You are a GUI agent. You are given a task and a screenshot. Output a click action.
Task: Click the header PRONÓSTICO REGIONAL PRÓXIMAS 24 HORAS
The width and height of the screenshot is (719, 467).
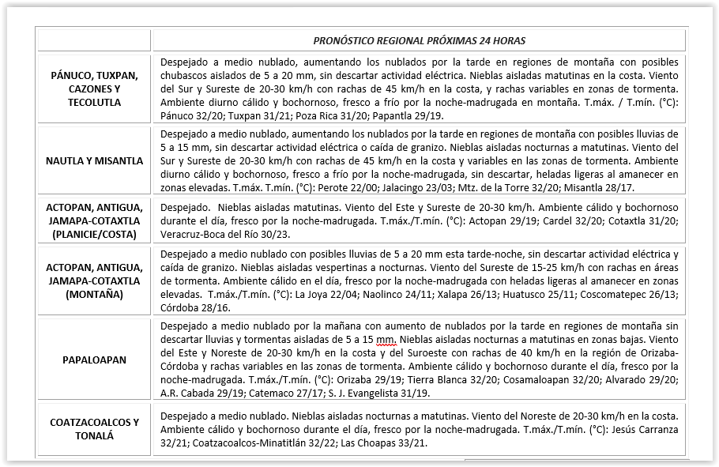coord(419,40)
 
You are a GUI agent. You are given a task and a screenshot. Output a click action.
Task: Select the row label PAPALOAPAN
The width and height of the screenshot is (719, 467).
coord(94,360)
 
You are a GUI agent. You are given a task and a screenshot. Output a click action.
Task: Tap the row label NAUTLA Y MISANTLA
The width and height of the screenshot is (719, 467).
coord(94,161)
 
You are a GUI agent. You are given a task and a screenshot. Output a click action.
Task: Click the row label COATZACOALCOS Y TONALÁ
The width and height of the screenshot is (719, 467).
coord(94,429)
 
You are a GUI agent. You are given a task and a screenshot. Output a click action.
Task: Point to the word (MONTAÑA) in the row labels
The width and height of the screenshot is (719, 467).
coord(94,294)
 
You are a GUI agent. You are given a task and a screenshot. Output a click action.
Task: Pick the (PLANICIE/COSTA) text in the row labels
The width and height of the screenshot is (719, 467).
coord(94,234)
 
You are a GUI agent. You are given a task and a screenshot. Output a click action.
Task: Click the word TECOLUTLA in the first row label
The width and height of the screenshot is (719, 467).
coord(94,103)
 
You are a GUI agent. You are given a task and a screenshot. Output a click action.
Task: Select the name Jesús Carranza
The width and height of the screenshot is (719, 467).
coord(639,429)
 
